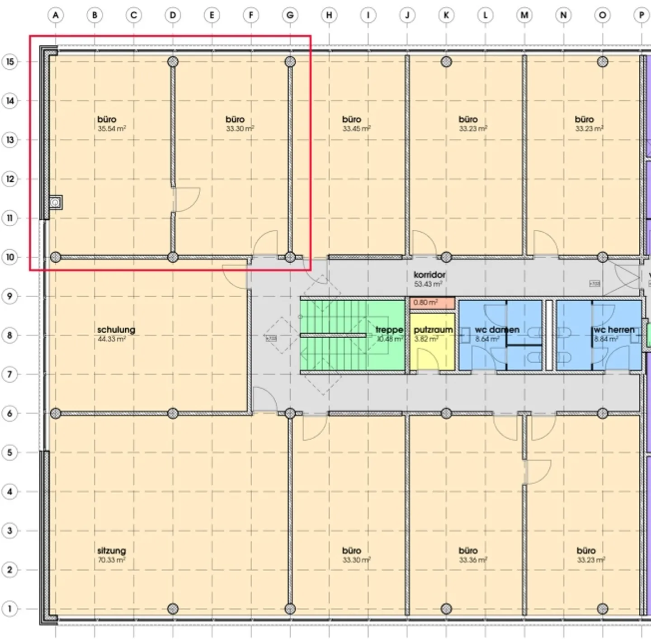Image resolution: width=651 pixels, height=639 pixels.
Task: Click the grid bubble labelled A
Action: coord(56,15)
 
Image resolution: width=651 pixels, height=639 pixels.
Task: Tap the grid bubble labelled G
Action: coord(290,15)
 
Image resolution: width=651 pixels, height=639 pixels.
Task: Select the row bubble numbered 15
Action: coord(10,62)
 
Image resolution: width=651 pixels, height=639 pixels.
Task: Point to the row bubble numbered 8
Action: coord(10,335)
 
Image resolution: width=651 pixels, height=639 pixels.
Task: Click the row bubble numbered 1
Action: coord(10,608)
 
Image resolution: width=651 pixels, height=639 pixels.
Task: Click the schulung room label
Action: coord(116,330)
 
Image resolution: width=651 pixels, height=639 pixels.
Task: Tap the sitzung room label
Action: coord(112,550)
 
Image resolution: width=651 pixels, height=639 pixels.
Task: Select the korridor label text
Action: coord(429,275)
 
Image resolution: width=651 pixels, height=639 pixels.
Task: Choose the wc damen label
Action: coord(497,330)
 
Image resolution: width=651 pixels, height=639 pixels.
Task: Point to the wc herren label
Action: coord(614,330)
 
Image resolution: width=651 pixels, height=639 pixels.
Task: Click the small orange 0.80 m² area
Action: coord(432,303)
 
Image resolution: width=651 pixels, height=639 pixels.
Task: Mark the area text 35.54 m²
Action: coord(112,129)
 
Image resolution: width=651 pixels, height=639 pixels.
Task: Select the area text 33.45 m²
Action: coord(357,129)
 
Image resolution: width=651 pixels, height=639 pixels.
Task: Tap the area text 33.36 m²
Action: coord(473,560)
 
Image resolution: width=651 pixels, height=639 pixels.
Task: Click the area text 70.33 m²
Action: coord(112,560)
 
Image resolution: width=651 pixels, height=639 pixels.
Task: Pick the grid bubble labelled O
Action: coord(602,15)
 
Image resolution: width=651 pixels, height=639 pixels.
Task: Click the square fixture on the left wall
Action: coord(56,202)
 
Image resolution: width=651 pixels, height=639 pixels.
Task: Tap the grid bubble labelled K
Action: coord(446,15)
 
